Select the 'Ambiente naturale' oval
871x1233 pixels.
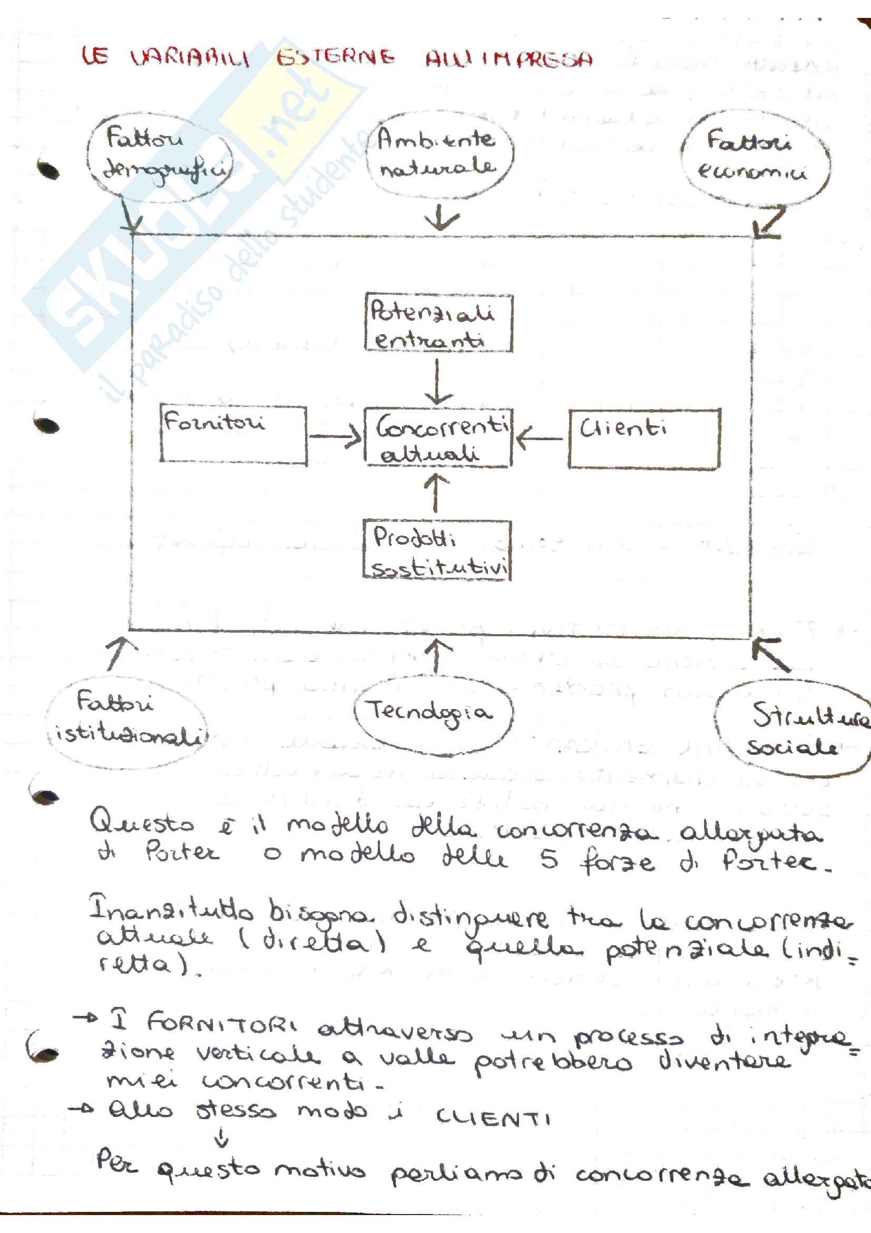click(438, 154)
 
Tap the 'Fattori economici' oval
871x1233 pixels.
click(755, 158)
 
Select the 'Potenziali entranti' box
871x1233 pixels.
click(438, 323)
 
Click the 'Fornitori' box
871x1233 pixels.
click(233, 434)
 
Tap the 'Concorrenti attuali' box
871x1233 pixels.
click(438, 438)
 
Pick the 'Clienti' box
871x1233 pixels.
click(643, 439)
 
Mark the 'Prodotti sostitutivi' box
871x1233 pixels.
click(437, 551)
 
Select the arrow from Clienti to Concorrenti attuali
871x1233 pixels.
click(540, 438)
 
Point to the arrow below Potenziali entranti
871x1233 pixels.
click(438, 382)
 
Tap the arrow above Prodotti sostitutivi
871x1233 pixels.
click(436, 492)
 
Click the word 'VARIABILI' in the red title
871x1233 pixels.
click(190, 57)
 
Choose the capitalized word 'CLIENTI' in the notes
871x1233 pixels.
click(493, 1118)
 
